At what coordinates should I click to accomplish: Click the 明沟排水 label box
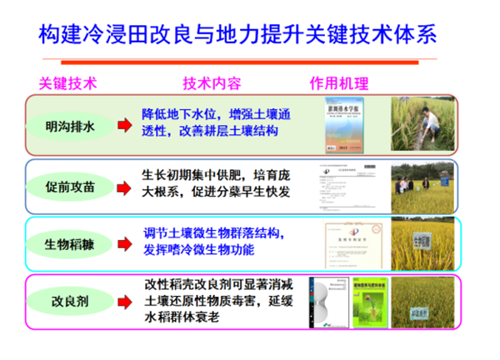point(70,125)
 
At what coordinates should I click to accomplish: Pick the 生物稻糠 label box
point(70,244)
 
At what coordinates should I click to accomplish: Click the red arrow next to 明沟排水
point(122,125)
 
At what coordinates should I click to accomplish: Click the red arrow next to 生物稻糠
point(122,244)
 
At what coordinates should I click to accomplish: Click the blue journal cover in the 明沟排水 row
point(348,125)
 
